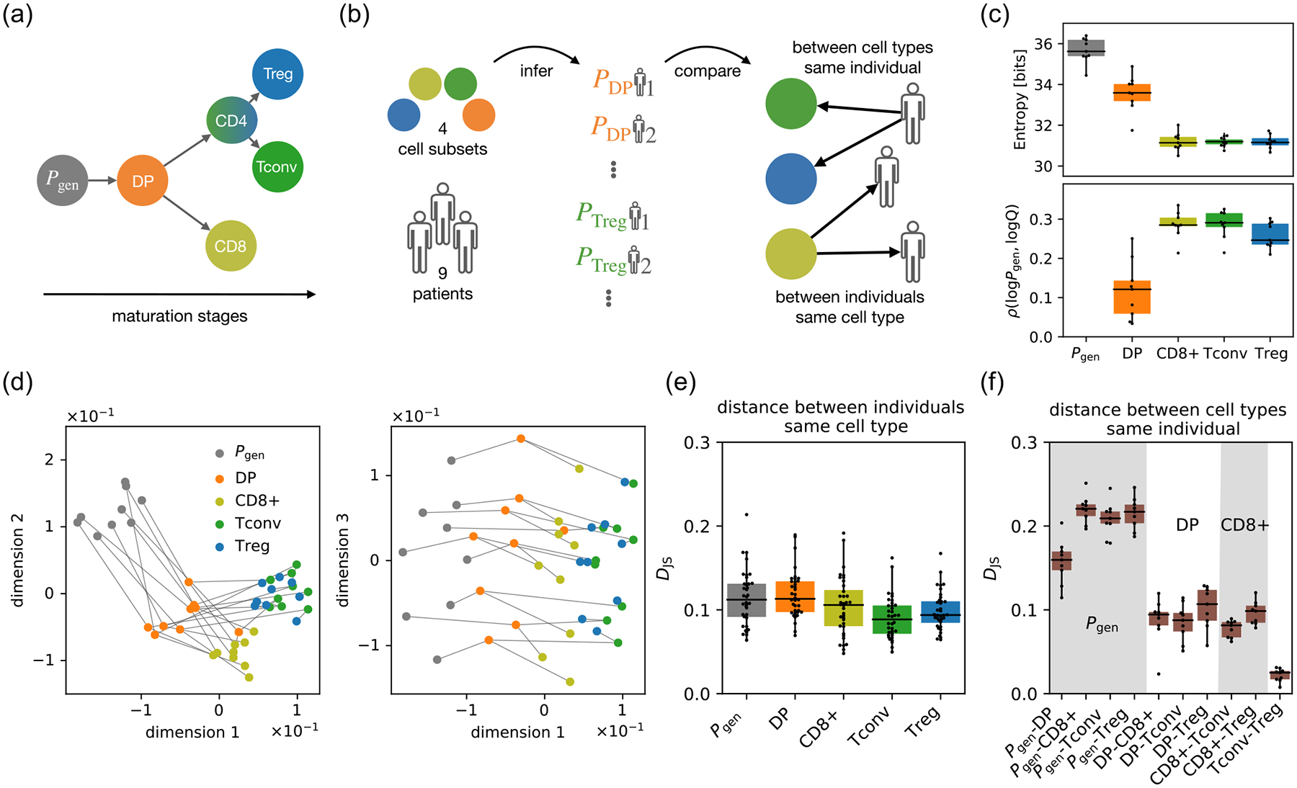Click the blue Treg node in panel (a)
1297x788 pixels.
click(x=277, y=73)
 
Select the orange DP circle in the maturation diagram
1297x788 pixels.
click(x=142, y=181)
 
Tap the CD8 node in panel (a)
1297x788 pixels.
click(x=230, y=246)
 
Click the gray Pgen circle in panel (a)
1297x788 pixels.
click(x=63, y=180)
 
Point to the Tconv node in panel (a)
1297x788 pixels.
click(x=277, y=167)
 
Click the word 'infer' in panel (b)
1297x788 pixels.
click(x=536, y=71)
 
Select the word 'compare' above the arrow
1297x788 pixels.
click(x=707, y=71)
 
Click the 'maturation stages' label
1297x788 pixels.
click(x=179, y=316)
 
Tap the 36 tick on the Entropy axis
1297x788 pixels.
click(x=1043, y=44)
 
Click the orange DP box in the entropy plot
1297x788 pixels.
click(x=1132, y=92)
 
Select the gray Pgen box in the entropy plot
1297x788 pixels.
click(x=1086, y=48)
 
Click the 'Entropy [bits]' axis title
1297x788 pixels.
click(x=1020, y=99)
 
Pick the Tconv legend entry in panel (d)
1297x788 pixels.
click(x=257, y=523)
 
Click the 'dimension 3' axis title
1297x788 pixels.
click(x=343, y=560)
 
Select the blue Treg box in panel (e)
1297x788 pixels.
click(x=940, y=612)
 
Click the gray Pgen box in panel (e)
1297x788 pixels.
click(x=746, y=600)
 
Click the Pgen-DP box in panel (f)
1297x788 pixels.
click(x=1061, y=560)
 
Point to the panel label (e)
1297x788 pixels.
click(x=680, y=382)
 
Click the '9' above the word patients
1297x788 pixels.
click(x=442, y=273)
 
